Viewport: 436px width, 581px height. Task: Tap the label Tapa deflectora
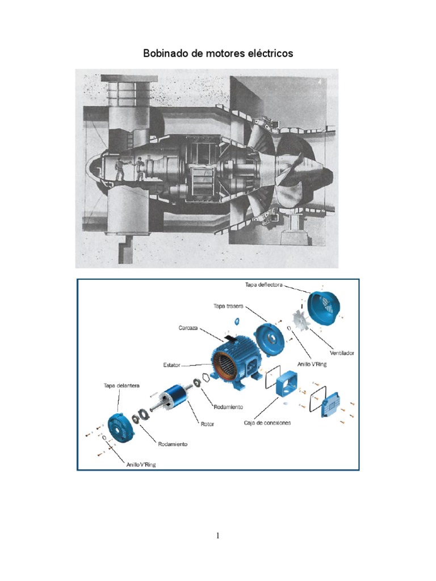[264, 285]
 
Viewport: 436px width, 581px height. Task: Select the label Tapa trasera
[228, 306]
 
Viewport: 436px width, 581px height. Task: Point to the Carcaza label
[188, 328]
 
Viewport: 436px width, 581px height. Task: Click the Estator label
[171, 365]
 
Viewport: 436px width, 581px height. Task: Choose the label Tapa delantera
[121, 386]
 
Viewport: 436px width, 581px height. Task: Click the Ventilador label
[342, 353]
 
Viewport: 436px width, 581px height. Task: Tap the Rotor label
[207, 424]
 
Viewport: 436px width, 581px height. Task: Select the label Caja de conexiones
[267, 423]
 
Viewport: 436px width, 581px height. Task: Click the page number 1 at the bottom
[217, 536]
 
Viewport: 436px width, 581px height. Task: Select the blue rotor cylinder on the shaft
[176, 396]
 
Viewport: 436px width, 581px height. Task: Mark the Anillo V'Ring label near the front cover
[141, 465]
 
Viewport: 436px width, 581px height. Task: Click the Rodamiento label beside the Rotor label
[228, 407]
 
